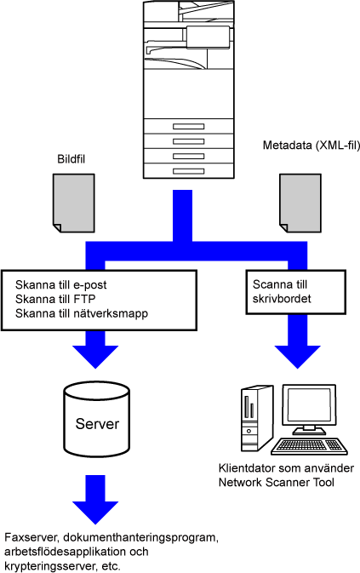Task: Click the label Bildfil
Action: point(71,159)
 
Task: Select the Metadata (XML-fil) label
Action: point(311,146)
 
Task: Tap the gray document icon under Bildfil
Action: point(74,203)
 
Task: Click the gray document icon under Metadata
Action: point(300,203)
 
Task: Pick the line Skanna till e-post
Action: point(61,284)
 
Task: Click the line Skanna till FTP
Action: point(55,299)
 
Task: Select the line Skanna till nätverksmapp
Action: point(82,313)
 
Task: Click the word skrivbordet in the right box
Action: point(282,299)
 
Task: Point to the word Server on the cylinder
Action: point(97,424)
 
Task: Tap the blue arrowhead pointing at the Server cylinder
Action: point(95,356)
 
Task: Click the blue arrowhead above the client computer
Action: point(298,356)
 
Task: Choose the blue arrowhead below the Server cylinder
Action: point(95,513)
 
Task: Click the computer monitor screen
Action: point(309,404)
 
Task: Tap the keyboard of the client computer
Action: point(309,446)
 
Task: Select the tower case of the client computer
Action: point(257,419)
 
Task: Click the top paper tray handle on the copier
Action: point(189,127)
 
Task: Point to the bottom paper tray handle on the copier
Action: point(189,171)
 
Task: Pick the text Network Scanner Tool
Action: point(277,483)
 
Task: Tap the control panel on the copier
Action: point(209,37)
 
